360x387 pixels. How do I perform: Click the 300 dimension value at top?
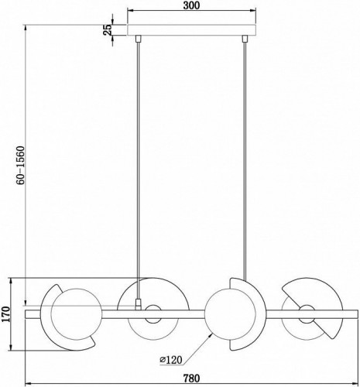[x=191, y=5]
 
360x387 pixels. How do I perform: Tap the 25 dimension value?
[x=108, y=29]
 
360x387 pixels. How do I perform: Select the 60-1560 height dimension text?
[x=20, y=166]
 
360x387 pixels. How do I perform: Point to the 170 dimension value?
[x=5, y=314]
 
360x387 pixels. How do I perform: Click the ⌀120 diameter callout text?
[x=171, y=359]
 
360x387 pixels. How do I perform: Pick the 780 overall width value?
[x=191, y=378]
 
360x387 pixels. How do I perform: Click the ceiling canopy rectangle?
[x=192, y=30]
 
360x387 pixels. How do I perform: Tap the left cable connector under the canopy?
[x=139, y=39]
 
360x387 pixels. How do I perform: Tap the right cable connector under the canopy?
[x=245, y=39]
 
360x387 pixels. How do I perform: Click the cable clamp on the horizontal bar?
[x=139, y=305]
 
